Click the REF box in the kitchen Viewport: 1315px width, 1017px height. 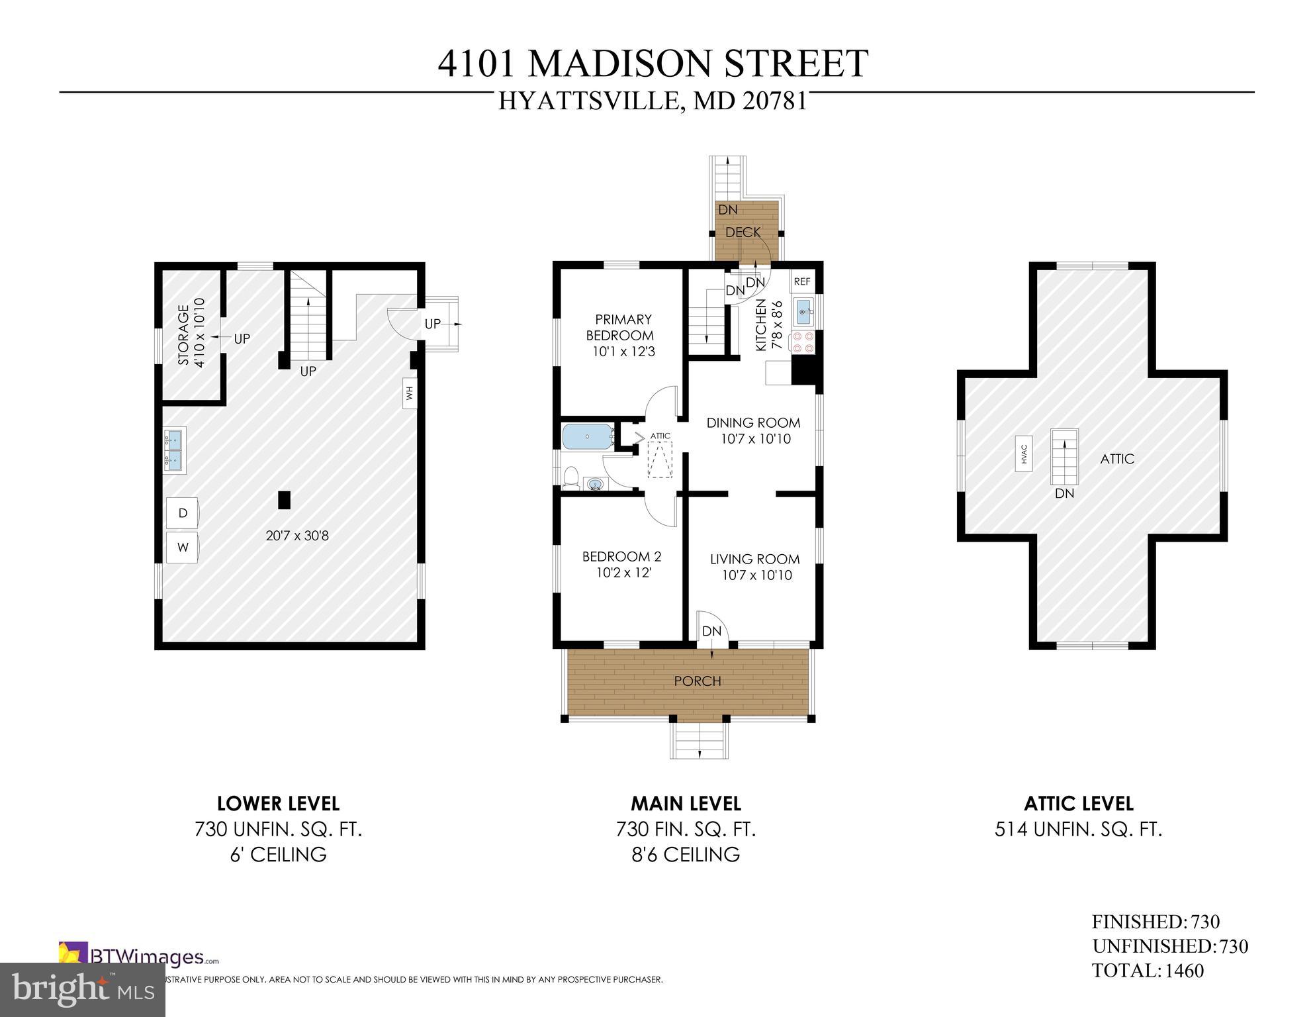801,281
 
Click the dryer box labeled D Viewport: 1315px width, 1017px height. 183,513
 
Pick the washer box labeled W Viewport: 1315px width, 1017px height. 183,547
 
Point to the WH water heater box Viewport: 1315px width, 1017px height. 409,393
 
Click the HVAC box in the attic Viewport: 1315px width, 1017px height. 1023,454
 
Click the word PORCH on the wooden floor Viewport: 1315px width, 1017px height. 697,681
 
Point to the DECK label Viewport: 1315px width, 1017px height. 743,232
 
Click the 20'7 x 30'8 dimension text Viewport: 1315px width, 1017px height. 297,536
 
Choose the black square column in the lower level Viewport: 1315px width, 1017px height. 284,499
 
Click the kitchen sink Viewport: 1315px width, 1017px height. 804,312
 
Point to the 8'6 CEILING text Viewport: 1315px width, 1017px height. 685,854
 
